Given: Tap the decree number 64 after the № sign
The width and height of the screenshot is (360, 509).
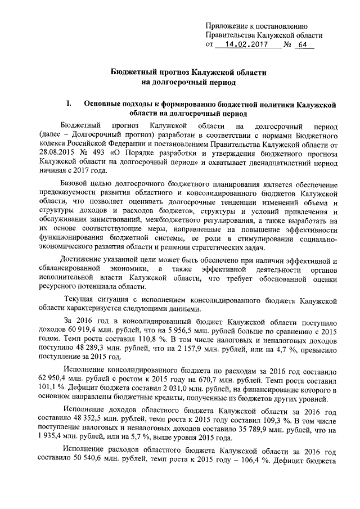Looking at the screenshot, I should point(306,44).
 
